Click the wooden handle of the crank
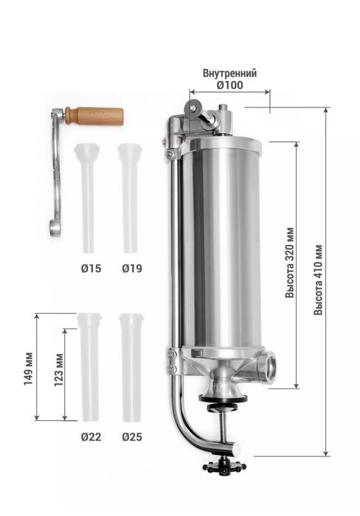94,116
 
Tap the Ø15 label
91,268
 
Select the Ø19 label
132,268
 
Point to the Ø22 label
91,437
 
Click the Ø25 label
132,437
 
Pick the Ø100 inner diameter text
230,86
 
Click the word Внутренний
229,73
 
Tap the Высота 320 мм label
290,262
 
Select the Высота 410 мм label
318,279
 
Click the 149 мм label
29,369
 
